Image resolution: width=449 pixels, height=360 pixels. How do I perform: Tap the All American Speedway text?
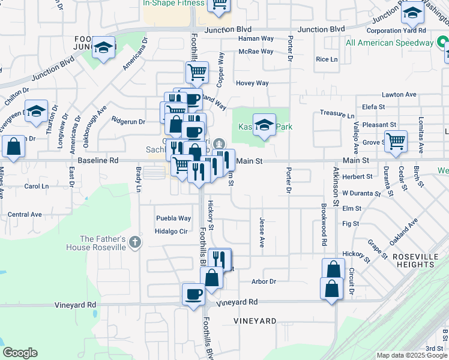(390, 43)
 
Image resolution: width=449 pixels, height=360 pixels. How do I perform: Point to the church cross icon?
(136, 242)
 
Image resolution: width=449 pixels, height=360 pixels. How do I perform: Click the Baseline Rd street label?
(98, 161)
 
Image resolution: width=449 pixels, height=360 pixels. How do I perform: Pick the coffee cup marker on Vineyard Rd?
(193, 295)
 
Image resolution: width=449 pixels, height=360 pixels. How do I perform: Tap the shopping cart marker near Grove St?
(396, 142)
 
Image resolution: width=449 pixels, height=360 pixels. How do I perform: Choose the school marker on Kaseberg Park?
(264, 125)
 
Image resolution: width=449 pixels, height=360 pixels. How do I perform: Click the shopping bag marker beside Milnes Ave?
(13, 147)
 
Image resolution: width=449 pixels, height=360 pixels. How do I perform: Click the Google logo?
(20, 353)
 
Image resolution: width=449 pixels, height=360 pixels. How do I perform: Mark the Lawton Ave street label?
(399, 95)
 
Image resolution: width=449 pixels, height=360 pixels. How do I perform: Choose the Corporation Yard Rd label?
(396, 30)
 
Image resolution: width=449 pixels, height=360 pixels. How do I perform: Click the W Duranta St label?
(361, 194)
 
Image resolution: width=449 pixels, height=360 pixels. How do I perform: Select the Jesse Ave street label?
(262, 232)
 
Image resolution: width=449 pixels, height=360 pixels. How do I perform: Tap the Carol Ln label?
(36, 187)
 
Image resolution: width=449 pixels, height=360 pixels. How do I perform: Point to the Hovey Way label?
(252, 83)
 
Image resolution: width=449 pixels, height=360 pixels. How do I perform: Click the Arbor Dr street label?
(264, 281)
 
